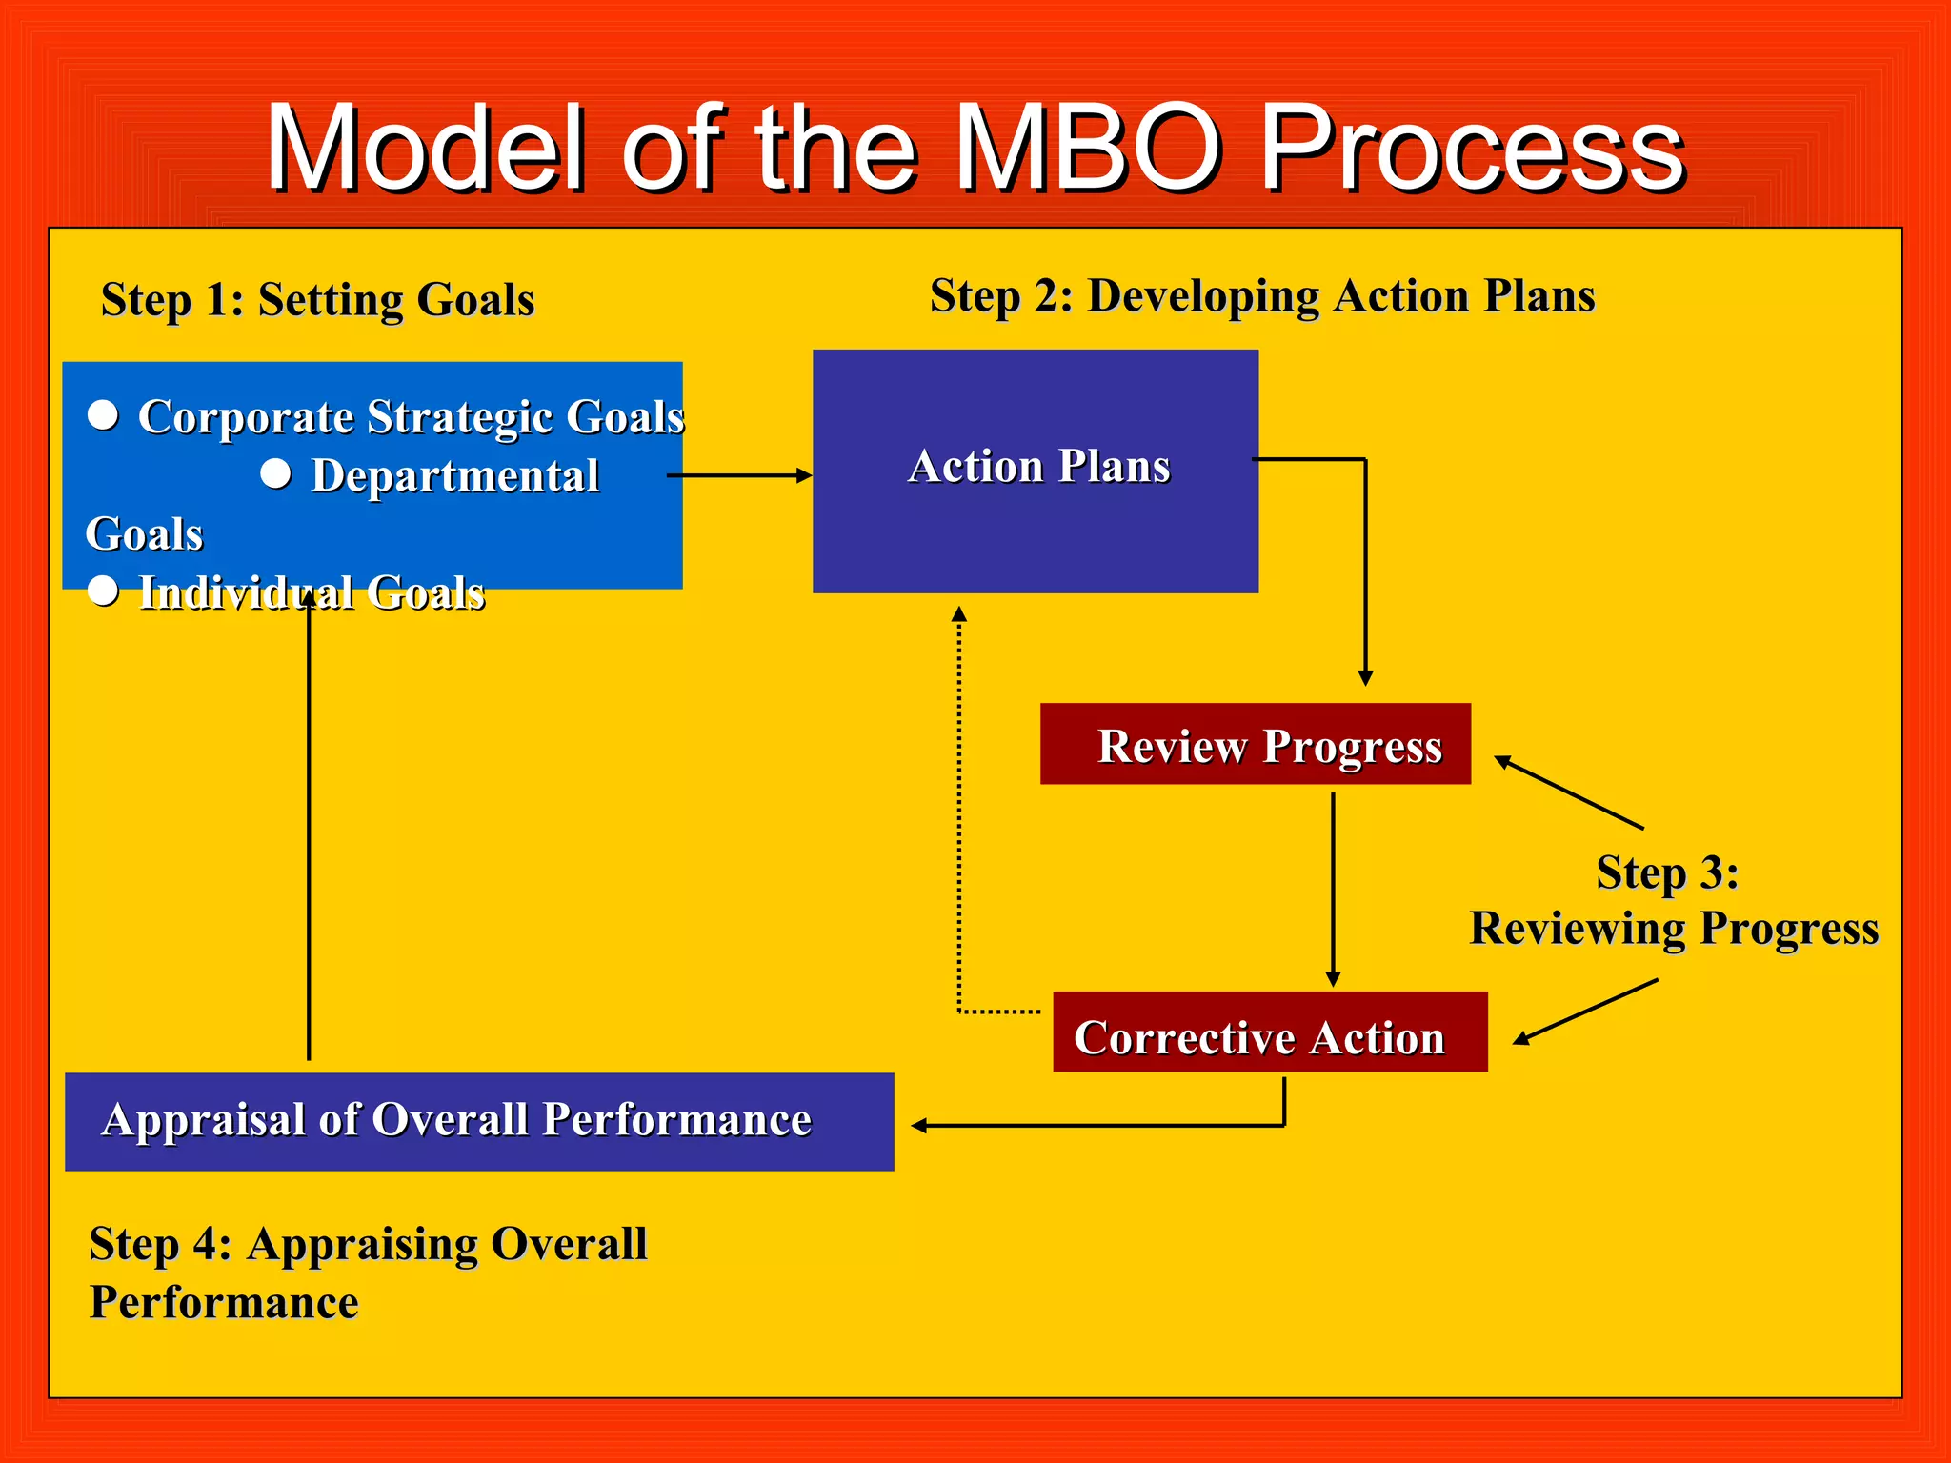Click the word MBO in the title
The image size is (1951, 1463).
1089,150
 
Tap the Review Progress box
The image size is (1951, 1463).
1255,744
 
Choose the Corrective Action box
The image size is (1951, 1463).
1269,1032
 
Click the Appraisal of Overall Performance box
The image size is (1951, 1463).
479,1121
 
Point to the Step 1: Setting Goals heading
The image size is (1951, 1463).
317,299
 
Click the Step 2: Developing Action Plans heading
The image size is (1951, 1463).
1261,295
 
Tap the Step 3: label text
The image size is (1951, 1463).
1667,872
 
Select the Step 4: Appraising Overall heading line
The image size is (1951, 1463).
368,1244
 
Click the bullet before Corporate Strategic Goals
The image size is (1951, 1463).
103,415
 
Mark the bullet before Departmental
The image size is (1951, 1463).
276,474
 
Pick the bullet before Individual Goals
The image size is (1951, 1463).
103,591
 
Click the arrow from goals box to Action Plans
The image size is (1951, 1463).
739,474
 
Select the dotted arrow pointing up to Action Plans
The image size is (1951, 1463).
959,810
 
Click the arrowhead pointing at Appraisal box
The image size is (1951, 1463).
919,1126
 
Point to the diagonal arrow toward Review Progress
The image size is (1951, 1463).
1568,792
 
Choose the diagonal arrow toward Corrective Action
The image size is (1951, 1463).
1585,1012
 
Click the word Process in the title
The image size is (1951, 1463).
1472,150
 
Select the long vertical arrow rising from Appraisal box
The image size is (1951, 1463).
309,829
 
